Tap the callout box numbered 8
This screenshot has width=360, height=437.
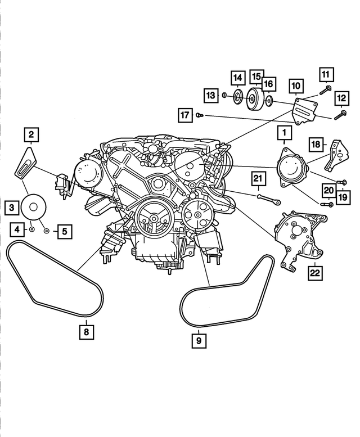click(85, 331)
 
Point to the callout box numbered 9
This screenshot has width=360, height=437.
click(198, 340)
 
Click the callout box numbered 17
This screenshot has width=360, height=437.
click(184, 115)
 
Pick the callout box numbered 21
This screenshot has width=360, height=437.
click(258, 179)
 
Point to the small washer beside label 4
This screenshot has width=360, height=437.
click(32, 230)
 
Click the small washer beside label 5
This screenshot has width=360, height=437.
click(47, 231)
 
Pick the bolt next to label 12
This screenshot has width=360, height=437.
click(339, 116)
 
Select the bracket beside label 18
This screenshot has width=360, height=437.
click(336, 157)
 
